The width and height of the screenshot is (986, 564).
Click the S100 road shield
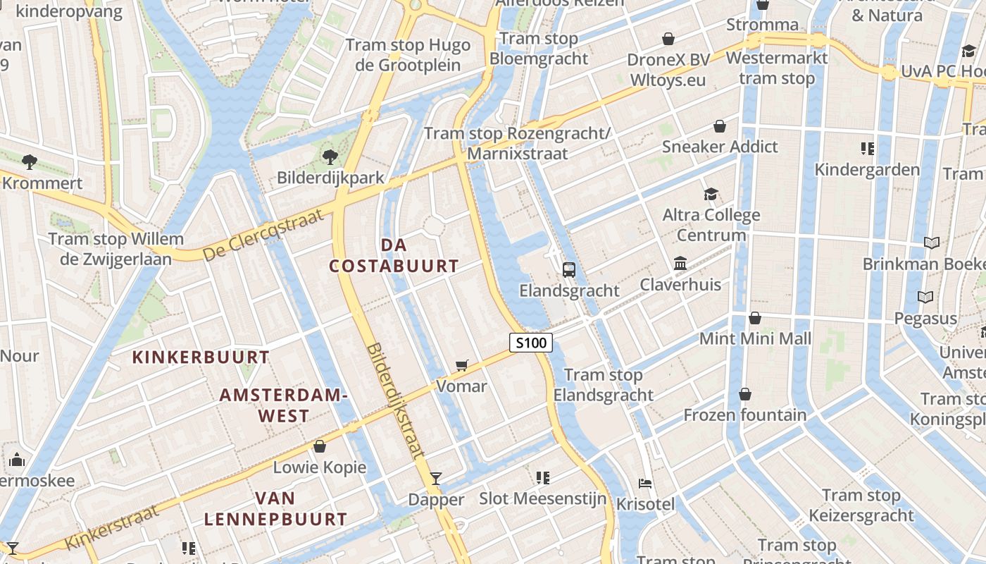(x=530, y=343)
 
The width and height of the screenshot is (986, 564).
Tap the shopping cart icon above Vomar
(x=462, y=365)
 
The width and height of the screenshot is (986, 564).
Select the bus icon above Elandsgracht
(x=568, y=269)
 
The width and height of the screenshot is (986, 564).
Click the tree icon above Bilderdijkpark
(x=329, y=157)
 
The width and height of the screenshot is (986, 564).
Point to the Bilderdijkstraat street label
(x=396, y=400)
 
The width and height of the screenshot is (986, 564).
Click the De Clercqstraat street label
(x=263, y=235)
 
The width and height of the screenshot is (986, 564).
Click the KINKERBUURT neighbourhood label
(x=201, y=357)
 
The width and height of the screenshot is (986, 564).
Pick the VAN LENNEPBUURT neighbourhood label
(x=275, y=509)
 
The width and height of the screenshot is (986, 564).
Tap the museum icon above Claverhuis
(x=680, y=264)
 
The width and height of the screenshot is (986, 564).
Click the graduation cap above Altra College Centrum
(x=711, y=194)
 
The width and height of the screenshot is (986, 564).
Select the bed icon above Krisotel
(x=645, y=484)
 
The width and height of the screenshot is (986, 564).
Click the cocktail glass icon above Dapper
(x=436, y=479)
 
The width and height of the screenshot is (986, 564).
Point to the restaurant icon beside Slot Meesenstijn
(x=542, y=478)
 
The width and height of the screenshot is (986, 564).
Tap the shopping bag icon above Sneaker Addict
(x=720, y=126)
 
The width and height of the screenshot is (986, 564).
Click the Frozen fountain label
(x=745, y=415)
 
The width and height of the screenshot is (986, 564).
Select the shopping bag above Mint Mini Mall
(x=755, y=318)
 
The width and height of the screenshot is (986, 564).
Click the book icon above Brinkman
(x=932, y=243)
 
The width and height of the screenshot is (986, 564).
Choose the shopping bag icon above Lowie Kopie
(x=320, y=446)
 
